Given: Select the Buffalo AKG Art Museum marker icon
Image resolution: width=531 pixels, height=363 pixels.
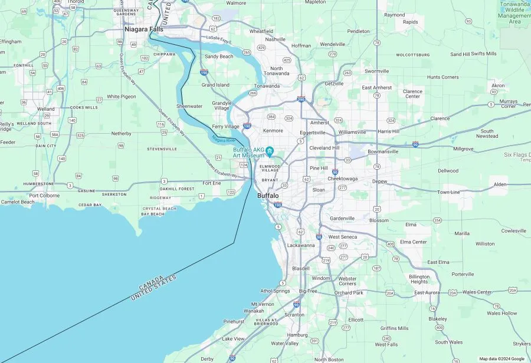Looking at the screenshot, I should coord(270,152).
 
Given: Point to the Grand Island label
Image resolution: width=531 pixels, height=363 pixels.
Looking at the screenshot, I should coord(215,85).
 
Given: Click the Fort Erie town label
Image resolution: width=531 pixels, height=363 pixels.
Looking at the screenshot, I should coord(212,183).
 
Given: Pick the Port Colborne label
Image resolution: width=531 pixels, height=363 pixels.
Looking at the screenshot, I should coord(44,195).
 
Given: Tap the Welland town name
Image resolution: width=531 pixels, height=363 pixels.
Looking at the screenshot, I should coord(45,109).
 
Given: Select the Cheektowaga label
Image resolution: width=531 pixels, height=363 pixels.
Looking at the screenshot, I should coord(343,179).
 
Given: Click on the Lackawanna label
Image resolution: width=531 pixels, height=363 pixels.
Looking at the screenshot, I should coord(301,245).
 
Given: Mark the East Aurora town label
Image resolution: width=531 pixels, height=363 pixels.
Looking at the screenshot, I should coord(427,292).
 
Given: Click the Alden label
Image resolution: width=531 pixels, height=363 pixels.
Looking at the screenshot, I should coord(500,184).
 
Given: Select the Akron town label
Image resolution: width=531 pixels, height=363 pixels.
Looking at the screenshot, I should coord(498,85).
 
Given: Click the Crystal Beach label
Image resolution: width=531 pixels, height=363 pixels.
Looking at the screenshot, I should coord(159,208).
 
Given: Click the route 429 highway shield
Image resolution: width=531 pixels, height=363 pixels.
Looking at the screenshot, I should coord(261,47).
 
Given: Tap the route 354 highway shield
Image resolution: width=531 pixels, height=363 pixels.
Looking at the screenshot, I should coord(437,220).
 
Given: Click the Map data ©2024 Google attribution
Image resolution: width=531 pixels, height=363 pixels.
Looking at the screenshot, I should coord(501,358).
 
